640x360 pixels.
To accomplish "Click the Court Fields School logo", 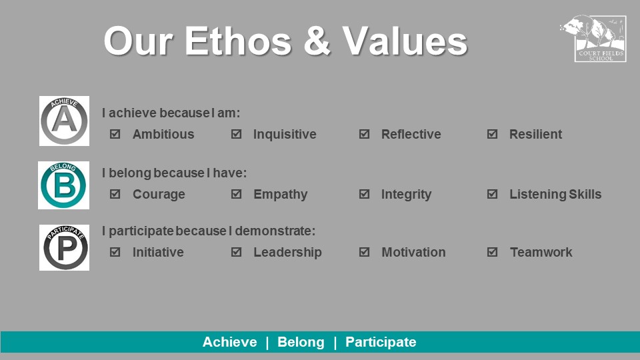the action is coord(594,39).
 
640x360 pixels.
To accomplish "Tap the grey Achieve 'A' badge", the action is coord(64,121).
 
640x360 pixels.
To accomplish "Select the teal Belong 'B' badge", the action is coord(64,185).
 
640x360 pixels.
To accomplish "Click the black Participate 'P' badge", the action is coord(64,247).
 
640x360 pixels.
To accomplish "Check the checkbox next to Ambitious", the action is coord(115,134).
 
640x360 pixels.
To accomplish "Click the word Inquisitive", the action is coord(285,134).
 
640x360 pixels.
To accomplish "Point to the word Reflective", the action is coord(411,134).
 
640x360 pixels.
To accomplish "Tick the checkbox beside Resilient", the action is coord(492,134).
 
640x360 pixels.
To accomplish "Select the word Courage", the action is coord(159,195).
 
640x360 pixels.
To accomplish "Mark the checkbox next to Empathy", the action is coord(236,194).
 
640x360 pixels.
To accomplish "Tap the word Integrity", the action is coord(406,195).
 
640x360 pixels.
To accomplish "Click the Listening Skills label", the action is coord(555,194).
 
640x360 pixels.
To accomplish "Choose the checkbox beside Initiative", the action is coord(115,252).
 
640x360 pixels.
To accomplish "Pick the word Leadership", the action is coord(287,252).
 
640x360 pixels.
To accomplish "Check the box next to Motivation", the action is coord(365,252).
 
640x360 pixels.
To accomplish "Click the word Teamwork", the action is coord(541,252).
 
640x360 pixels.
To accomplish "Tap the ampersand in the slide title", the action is coord(317,41).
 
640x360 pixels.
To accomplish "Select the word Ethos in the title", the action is coord(238,41).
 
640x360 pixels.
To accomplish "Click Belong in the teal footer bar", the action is coord(301,342).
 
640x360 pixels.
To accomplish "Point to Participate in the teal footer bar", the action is coord(381,342).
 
